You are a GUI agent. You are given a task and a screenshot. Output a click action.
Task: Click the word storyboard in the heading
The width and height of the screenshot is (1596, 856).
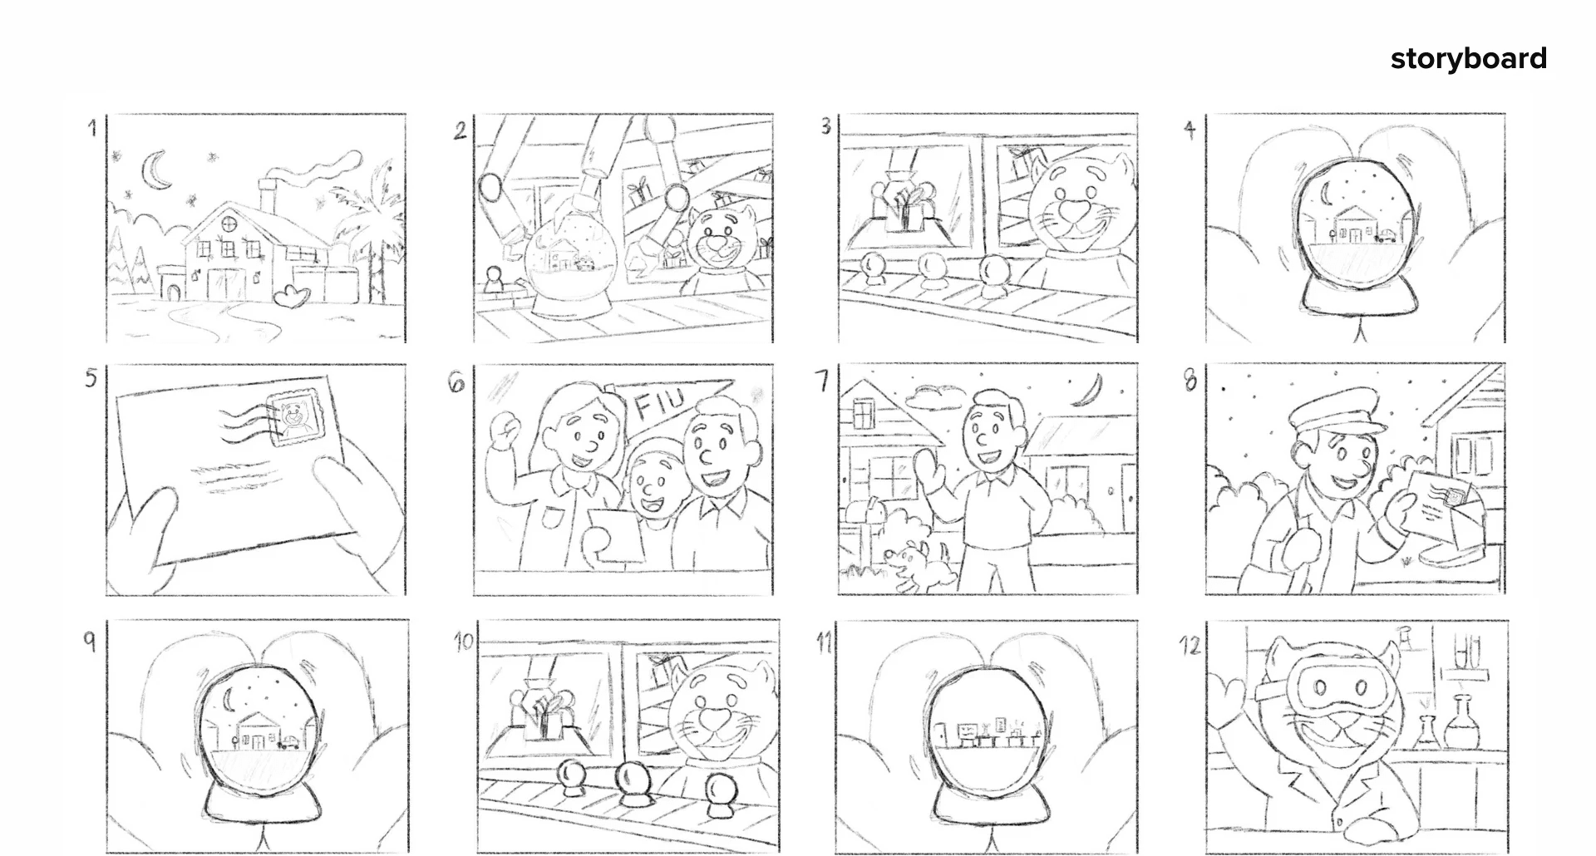[x=1468, y=59]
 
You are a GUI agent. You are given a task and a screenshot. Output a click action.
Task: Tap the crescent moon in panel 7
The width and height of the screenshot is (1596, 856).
[x=1086, y=390]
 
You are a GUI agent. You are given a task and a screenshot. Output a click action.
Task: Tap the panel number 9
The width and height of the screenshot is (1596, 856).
[x=90, y=641]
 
